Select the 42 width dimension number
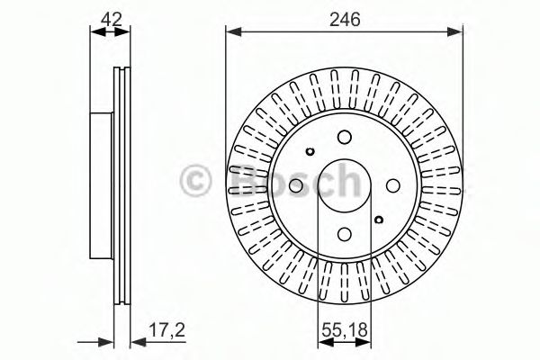coord(111,16)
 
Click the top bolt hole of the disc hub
coord(344,138)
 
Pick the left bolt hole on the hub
coord(297,184)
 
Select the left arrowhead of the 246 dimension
coord(231,32)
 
